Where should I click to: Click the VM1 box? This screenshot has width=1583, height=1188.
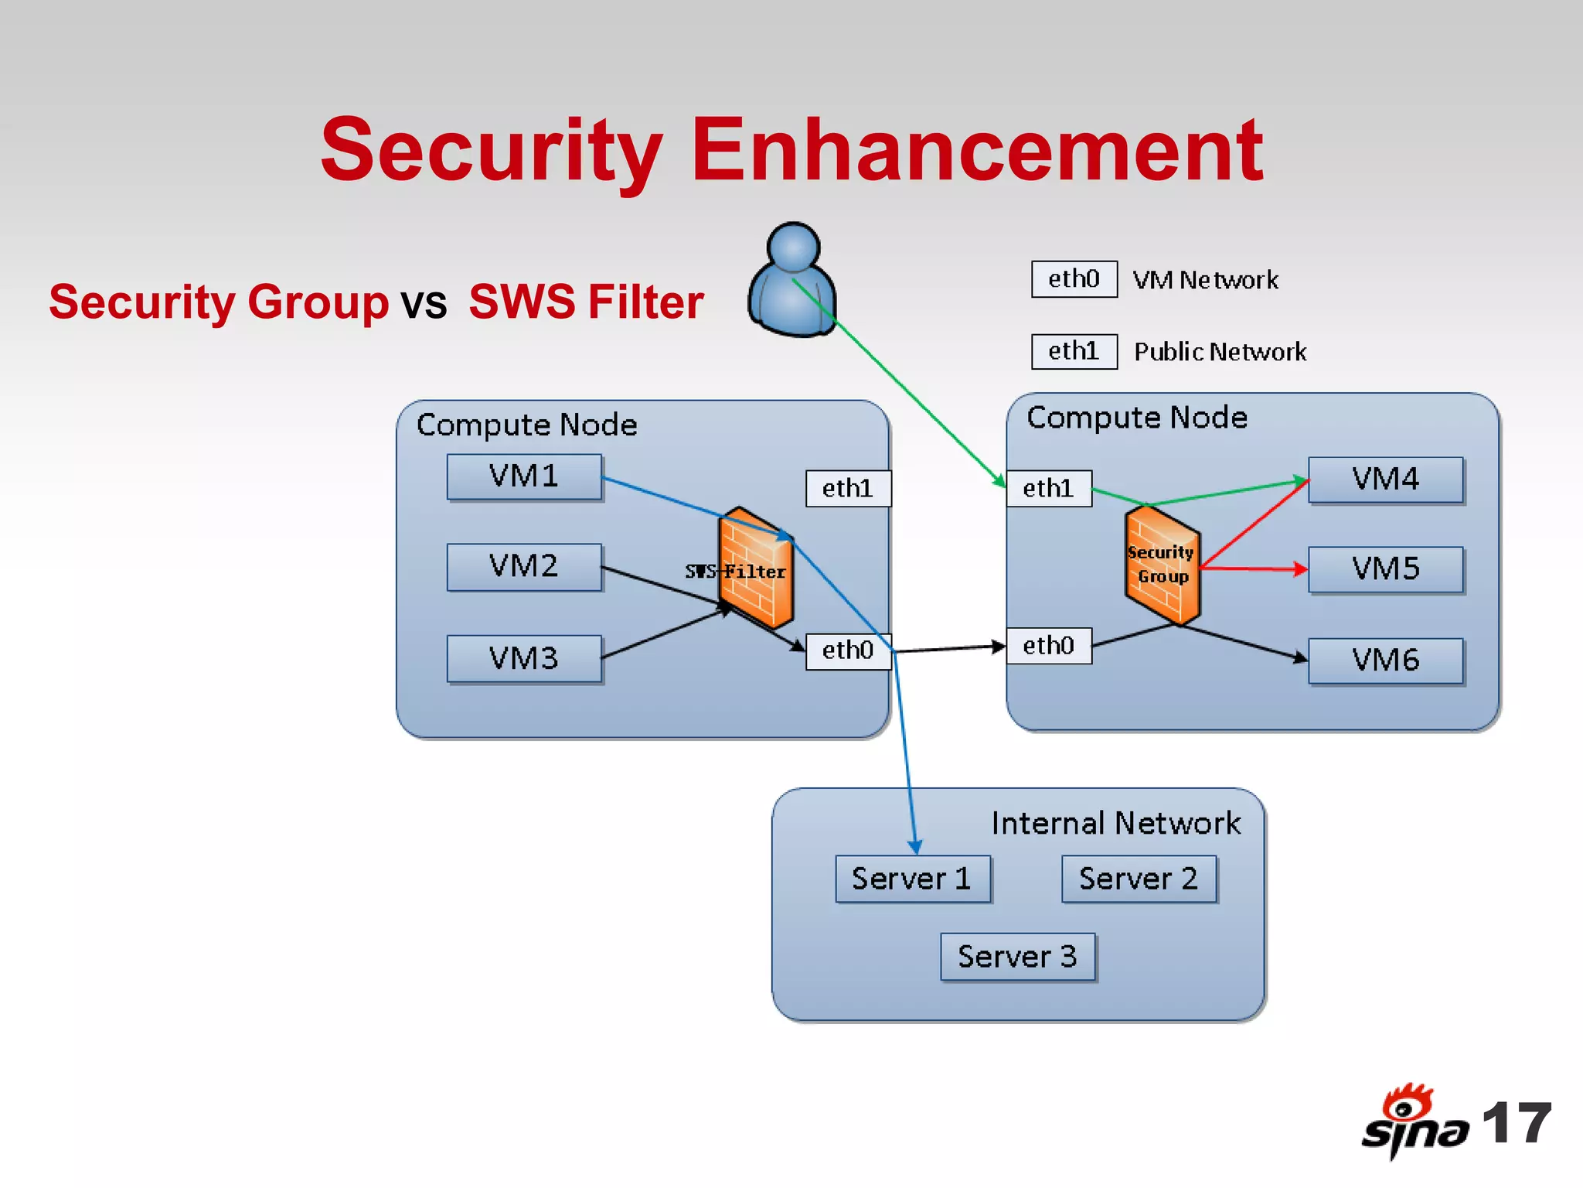(x=524, y=476)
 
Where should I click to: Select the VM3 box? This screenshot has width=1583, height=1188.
(x=524, y=658)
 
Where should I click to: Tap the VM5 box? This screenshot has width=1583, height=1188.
(x=1385, y=569)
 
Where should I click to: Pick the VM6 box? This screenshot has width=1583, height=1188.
(x=1385, y=661)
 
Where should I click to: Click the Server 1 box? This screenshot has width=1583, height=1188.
(x=912, y=879)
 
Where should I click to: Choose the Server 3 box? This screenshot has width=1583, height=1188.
(x=1017, y=957)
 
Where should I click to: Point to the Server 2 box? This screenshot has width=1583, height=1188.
(x=1139, y=879)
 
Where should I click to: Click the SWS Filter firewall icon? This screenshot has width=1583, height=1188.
(x=756, y=568)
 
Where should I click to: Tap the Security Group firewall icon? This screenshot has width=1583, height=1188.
(x=1162, y=565)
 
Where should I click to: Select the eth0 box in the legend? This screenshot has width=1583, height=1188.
(x=1074, y=279)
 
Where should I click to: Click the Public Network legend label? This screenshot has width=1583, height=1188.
(x=1220, y=352)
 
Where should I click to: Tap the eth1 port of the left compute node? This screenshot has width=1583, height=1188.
(x=848, y=489)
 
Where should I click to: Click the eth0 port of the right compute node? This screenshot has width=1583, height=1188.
(x=1048, y=646)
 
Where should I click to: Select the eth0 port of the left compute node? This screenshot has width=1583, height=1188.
(x=848, y=650)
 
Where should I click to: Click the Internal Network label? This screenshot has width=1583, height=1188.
(x=1115, y=823)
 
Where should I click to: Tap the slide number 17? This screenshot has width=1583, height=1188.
(x=1517, y=1123)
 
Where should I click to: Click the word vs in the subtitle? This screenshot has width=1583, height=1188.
(x=424, y=302)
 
